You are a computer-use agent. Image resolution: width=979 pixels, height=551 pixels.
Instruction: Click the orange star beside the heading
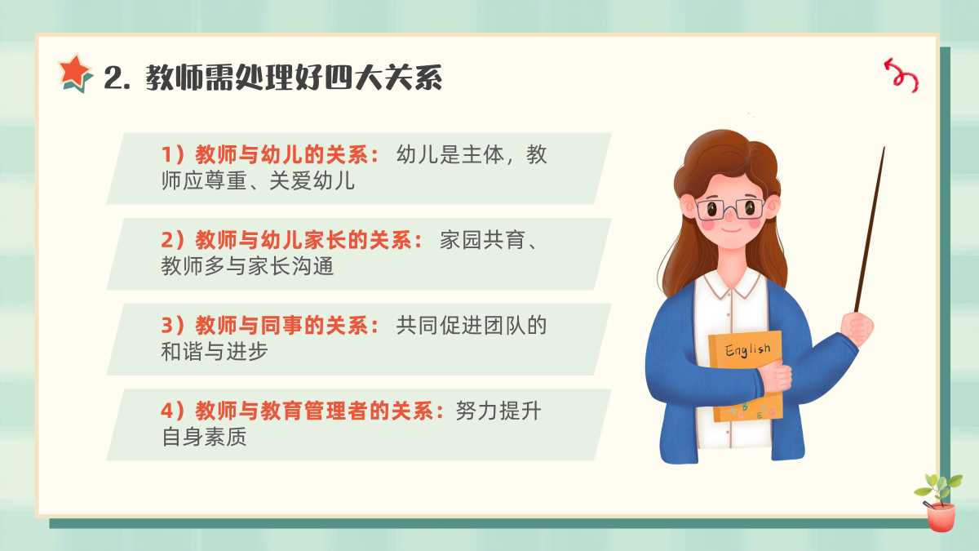coord(75,73)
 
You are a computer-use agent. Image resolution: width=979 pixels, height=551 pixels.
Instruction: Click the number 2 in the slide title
coord(114,79)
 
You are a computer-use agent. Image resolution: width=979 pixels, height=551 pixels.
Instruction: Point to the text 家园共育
coord(481,240)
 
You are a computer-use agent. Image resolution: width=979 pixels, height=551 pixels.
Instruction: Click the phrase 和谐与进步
coord(214,351)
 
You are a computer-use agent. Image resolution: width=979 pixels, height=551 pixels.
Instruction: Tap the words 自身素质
coord(204,437)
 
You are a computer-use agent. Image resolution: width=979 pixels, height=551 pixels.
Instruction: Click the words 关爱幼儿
coord(312,180)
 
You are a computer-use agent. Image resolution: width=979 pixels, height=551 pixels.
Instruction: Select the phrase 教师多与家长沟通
coord(247,265)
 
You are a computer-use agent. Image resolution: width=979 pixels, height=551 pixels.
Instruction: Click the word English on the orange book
coord(747,350)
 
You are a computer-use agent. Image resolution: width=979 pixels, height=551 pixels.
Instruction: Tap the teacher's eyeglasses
coord(730,210)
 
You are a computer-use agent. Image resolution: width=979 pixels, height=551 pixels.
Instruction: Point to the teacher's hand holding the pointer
coord(857,328)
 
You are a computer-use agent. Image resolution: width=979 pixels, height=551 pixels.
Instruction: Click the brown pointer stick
coord(870,229)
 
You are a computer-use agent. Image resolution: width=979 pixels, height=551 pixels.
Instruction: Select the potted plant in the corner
coord(940,503)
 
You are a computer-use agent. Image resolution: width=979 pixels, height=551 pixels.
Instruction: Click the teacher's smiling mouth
coord(730,230)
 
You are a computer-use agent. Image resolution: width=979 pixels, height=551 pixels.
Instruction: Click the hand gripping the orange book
coord(776,377)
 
